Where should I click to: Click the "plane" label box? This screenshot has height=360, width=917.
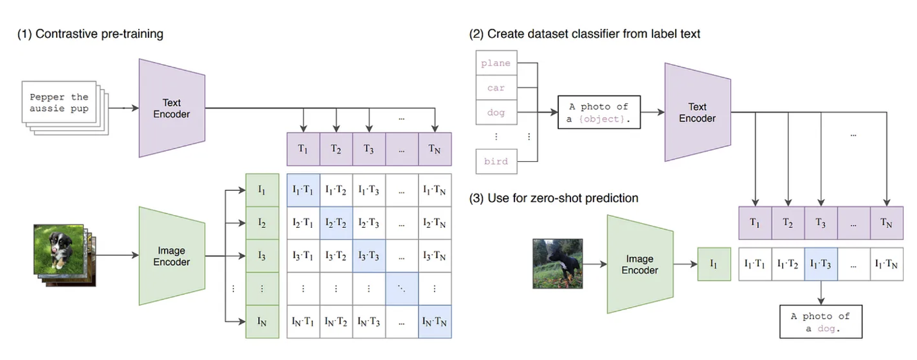click(x=496, y=63)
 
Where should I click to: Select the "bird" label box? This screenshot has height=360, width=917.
click(x=496, y=161)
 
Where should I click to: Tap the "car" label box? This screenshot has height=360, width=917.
click(x=496, y=88)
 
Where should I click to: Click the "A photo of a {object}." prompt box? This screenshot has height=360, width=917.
click(x=599, y=112)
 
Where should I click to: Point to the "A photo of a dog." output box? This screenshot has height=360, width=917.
click(x=821, y=322)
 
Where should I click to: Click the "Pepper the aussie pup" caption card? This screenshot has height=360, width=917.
click(x=59, y=102)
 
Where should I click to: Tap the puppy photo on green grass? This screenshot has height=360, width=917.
click(x=59, y=249)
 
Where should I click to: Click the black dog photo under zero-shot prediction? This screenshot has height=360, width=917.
click(x=558, y=264)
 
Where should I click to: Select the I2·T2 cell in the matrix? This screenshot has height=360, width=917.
click(x=336, y=223)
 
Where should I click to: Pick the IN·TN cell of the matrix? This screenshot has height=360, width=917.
click(x=435, y=322)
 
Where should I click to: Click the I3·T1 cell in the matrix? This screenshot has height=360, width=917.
click(x=303, y=256)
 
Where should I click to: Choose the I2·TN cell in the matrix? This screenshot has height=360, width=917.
click(x=435, y=223)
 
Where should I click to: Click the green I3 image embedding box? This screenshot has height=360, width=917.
click(x=262, y=256)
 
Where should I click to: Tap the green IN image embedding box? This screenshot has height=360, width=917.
click(x=262, y=322)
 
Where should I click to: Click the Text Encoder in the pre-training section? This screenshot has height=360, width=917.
click(x=172, y=108)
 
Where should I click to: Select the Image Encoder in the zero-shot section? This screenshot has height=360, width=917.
click(x=641, y=264)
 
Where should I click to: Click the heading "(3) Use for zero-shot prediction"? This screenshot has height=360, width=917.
click(x=554, y=198)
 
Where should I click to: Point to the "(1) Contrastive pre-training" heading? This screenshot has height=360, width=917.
click(x=90, y=34)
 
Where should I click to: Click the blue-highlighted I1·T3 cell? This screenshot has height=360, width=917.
click(x=821, y=264)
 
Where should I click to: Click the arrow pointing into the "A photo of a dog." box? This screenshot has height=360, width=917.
click(x=821, y=293)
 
